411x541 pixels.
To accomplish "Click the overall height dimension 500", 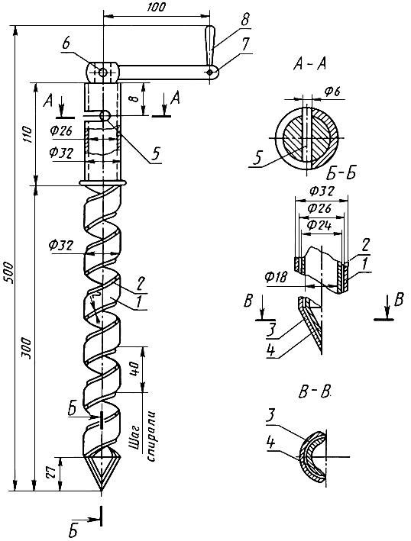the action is point(9,273).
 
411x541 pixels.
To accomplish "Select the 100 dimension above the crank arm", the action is point(156,7).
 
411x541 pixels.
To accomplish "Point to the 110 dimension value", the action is point(28,135).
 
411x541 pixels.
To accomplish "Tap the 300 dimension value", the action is point(28,349).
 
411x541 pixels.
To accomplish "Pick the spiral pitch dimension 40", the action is point(134,369).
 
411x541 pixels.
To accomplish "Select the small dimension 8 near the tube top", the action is point(135,98).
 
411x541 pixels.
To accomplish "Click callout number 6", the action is point(66,44).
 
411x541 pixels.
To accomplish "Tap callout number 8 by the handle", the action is point(244,20).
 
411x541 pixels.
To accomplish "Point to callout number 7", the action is point(245,45).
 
